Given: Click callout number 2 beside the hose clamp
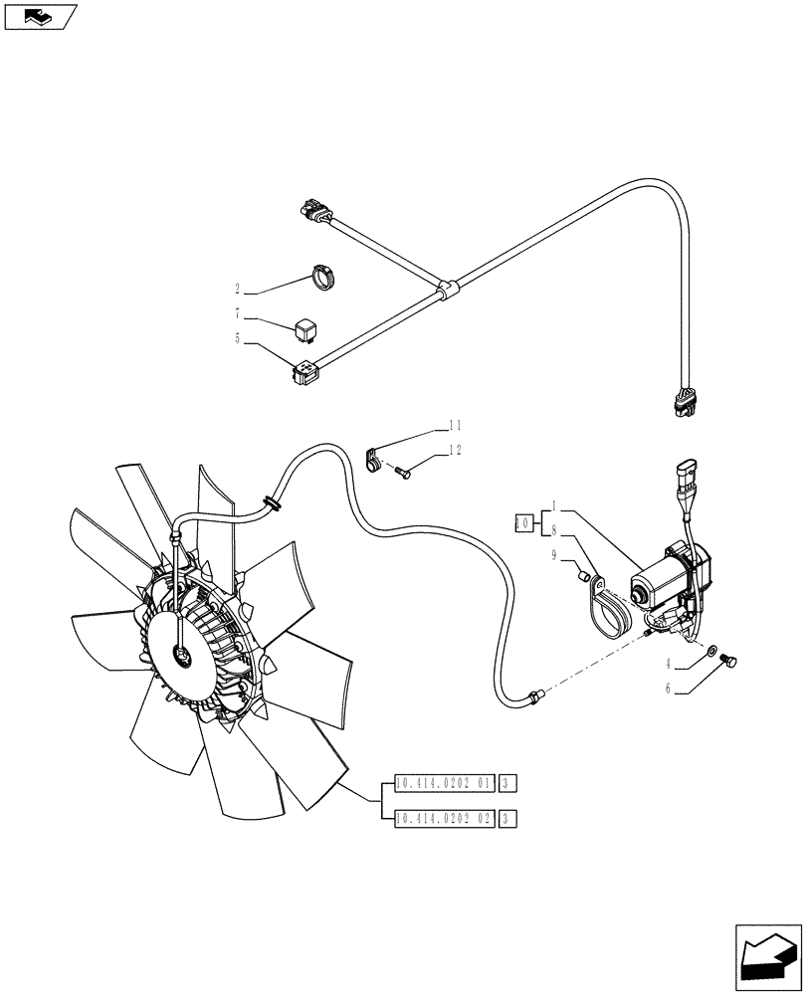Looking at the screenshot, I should (x=238, y=290).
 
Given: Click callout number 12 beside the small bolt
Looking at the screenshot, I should (x=455, y=450).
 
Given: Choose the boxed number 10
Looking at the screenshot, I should (x=522, y=521).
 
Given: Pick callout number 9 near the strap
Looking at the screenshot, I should (x=555, y=558).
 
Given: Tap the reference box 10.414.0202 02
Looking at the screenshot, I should (x=444, y=819).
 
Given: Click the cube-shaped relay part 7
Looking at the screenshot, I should (x=304, y=325).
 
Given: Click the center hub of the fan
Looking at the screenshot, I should (x=183, y=653).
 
